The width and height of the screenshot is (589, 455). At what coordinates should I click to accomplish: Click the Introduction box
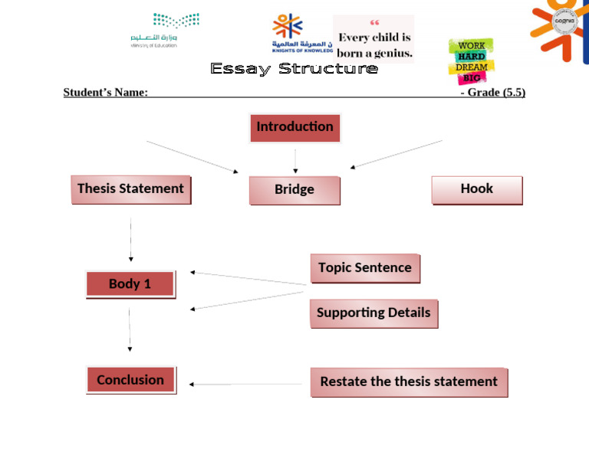click(x=294, y=127)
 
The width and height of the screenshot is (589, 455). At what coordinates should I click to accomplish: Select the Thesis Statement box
click(x=130, y=189)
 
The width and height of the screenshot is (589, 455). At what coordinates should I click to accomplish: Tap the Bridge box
click(x=294, y=190)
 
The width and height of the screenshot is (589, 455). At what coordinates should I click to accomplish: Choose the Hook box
click(x=476, y=189)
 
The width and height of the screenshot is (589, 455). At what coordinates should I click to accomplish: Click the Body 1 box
click(x=130, y=284)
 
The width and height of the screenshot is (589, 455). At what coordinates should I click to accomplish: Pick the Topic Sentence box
click(x=365, y=268)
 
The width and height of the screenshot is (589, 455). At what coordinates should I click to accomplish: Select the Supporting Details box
click(x=373, y=313)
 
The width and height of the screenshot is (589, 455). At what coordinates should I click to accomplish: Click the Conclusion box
click(x=130, y=380)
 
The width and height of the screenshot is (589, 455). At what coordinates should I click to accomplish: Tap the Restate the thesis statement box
click(x=409, y=381)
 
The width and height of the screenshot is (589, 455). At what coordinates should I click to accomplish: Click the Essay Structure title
click(x=294, y=69)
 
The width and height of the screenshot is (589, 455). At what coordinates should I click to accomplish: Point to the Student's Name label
click(x=106, y=93)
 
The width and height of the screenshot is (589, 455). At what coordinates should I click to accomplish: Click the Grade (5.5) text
click(x=492, y=93)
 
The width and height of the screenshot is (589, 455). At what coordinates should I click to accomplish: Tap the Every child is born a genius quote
click(x=374, y=38)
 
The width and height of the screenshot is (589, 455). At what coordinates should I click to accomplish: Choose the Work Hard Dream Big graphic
click(x=471, y=61)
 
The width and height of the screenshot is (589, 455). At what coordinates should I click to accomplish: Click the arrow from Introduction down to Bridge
click(x=295, y=161)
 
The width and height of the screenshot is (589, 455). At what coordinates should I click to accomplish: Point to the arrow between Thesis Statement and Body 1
click(x=130, y=240)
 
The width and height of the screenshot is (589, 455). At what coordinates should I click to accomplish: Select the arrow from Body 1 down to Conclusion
click(x=130, y=329)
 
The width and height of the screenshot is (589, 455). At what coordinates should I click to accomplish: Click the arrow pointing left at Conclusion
click(x=245, y=385)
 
